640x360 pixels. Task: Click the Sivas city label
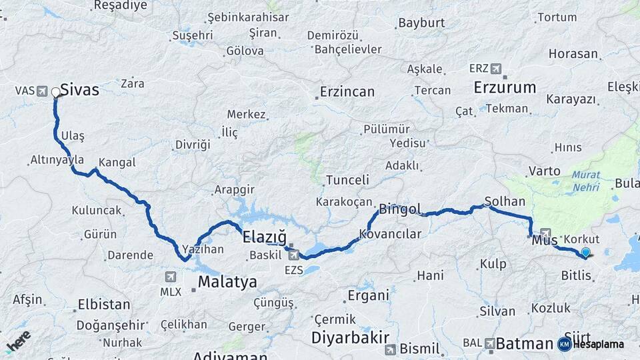tap(79, 90)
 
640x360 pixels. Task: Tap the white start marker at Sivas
tap(56, 93)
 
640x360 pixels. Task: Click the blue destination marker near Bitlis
tap(585, 253)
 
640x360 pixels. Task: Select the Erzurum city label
tap(505, 87)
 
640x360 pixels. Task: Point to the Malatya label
tap(227, 282)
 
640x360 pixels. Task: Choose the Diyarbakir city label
tap(350, 337)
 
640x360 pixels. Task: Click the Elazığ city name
tap(264, 237)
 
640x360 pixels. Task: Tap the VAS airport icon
tap(43, 90)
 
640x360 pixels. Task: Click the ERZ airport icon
tap(496, 69)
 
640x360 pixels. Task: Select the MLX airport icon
tap(170, 276)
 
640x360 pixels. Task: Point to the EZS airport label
tap(294, 270)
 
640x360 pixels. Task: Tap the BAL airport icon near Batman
tap(490, 343)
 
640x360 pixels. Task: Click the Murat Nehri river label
tap(585, 181)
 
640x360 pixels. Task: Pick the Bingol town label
tap(400, 209)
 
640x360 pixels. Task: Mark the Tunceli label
tap(347, 180)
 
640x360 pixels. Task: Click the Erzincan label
tap(347, 92)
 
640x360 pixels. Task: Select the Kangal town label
tap(117, 163)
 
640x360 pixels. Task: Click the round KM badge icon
tap(564, 344)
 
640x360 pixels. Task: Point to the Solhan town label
tap(505, 201)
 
